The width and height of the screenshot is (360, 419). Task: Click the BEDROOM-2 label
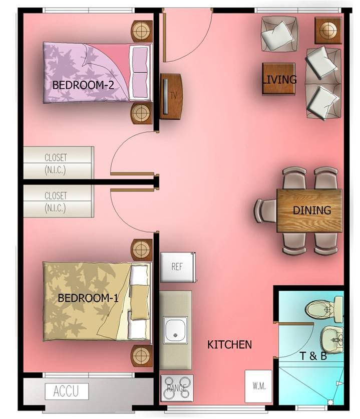pyautogui.click(x=83, y=85)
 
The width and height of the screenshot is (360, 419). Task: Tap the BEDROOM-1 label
pyautogui.click(x=88, y=298)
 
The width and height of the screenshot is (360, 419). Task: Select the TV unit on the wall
pyautogui.click(x=171, y=96)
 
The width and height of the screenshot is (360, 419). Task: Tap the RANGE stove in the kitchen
pyautogui.click(x=177, y=388)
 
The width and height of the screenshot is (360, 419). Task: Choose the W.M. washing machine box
pyautogui.click(x=258, y=386)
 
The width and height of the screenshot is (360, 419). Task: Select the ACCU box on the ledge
pyautogui.click(x=67, y=391)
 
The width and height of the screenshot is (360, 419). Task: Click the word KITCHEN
pyautogui.click(x=229, y=345)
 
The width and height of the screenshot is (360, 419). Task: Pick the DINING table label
pyautogui.click(x=312, y=211)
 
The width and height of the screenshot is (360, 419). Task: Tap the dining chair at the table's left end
pyautogui.click(x=265, y=211)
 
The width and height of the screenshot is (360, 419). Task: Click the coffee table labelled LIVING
pyautogui.click(x=278, y=79)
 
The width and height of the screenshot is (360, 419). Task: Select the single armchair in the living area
pyautogui.click(x=279, y=34)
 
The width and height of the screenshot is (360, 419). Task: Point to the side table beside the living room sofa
pyautogui.click(x=328, y=30)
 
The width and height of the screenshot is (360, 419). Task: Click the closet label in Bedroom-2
pyautogui.click(x=55, y=163)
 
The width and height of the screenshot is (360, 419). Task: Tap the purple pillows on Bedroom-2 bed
pyautogui.click(x=140, y=73)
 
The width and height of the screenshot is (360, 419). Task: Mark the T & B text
pyautogui.click(x=313, y=356)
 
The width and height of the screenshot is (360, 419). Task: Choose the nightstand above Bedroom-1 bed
pyautogui.click(x=141, y=250)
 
